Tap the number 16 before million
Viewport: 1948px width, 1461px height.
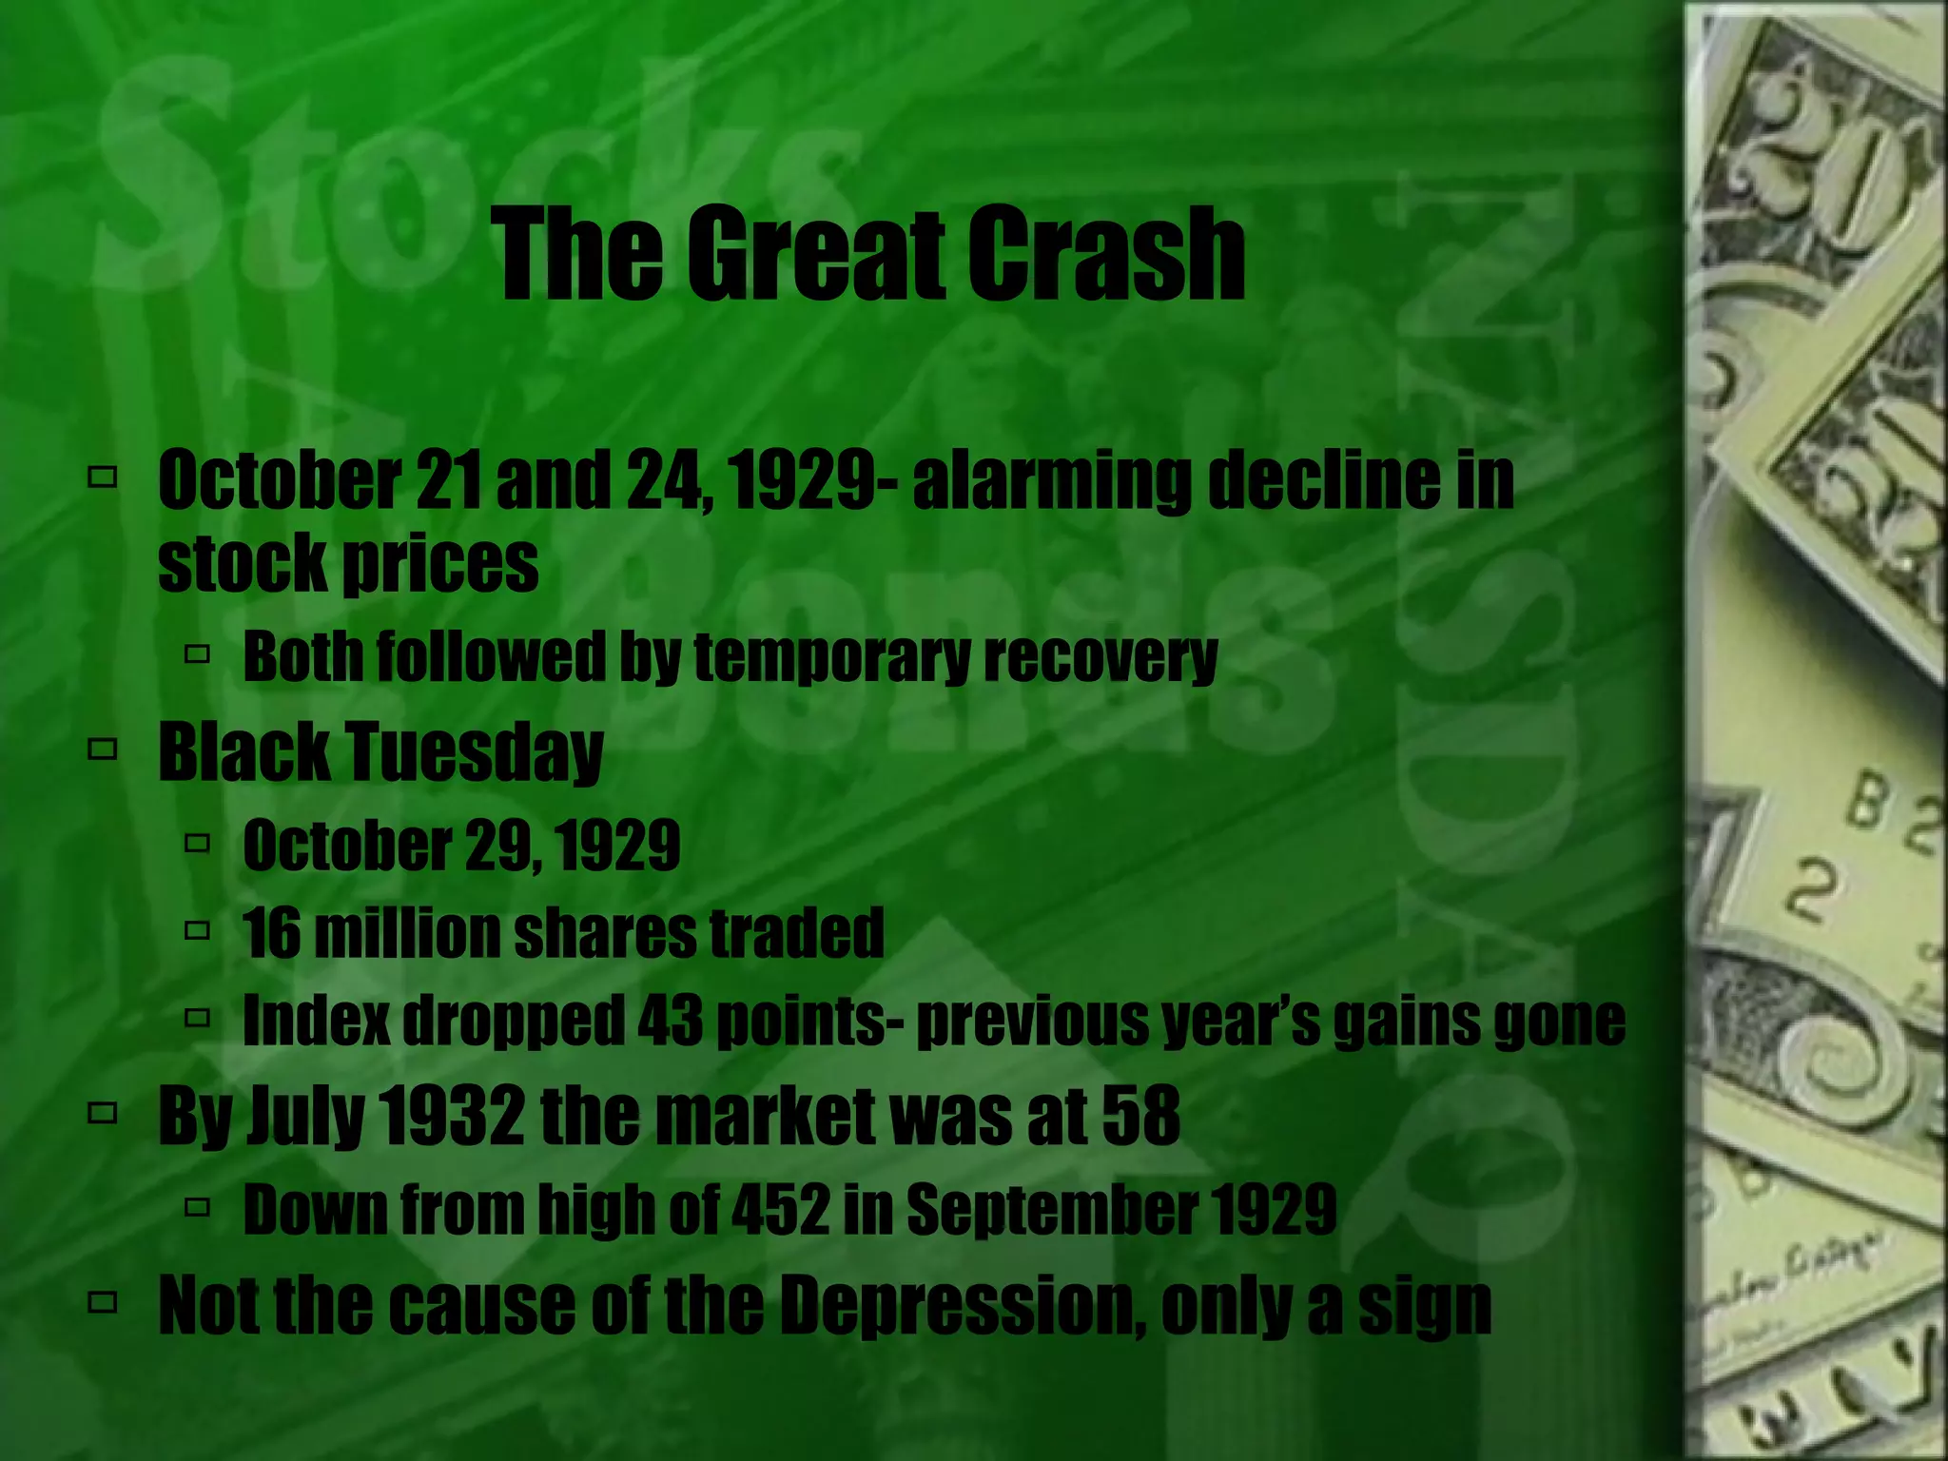click(271, 932)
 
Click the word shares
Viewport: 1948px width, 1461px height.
click(604, 932)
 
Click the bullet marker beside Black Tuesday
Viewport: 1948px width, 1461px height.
click(101, 750)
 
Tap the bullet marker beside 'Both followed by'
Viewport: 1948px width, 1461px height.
click(197, 655)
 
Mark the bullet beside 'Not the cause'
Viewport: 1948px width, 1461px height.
click(101, 1302)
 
